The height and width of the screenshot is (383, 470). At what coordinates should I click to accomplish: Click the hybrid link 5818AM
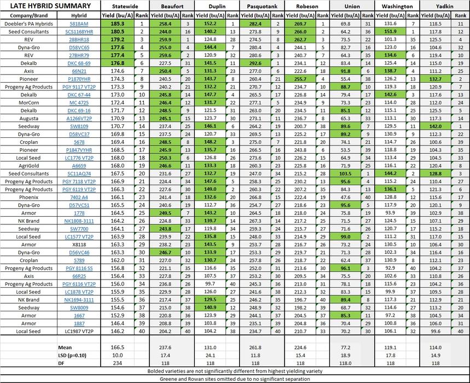tap(79, 25)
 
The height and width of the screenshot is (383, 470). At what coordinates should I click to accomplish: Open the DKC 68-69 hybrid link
tap(79, 63)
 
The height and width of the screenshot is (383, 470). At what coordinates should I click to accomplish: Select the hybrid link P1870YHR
tap(79, 79)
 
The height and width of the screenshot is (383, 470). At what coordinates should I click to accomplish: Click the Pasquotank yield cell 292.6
tap(256, 63)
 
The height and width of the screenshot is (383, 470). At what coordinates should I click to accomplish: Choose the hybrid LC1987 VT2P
tap(79, 331)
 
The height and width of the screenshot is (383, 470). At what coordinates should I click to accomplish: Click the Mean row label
tap(65, 347)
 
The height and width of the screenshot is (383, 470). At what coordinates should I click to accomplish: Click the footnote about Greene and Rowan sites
tap(235, 378)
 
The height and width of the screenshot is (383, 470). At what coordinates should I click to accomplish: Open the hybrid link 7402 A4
tap(79, 196)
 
